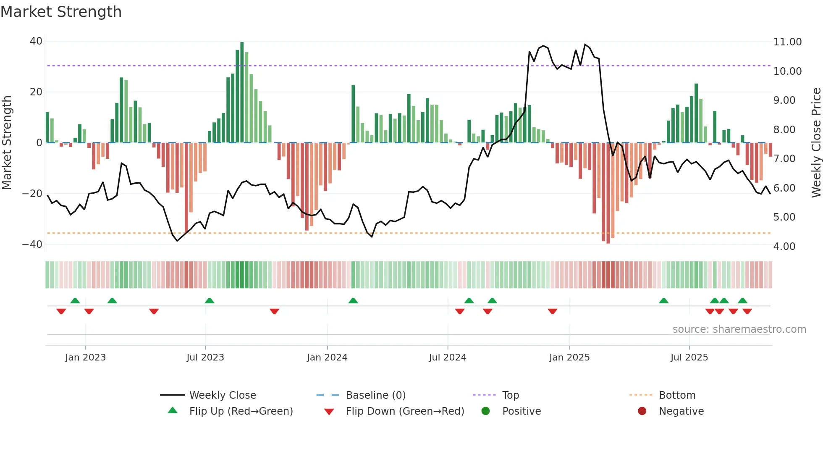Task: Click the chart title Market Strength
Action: [61, 12]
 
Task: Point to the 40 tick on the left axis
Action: [36, 41]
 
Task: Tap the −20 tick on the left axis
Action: [32, 193]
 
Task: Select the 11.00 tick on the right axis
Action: [787, 42]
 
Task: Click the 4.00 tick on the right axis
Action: [784, 246]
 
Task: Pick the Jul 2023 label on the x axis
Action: [205, 358]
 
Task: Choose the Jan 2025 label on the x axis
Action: [569, 358]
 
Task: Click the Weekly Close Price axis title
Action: [816, 143]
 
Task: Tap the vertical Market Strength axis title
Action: [7, 143]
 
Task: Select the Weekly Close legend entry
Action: [222, 395]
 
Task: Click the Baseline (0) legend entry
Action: [375, 395]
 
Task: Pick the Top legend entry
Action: [510, 395]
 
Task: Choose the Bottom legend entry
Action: [677, 395]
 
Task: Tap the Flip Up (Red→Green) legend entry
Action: [241, 411]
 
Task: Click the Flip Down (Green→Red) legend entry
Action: [405, 411]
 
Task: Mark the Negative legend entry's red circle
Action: [642, 411]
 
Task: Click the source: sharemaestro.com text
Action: [739, 329]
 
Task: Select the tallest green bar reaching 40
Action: [242, 92]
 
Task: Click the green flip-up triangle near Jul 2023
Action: [210, 300]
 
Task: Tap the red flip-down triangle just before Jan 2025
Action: [553, 311]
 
